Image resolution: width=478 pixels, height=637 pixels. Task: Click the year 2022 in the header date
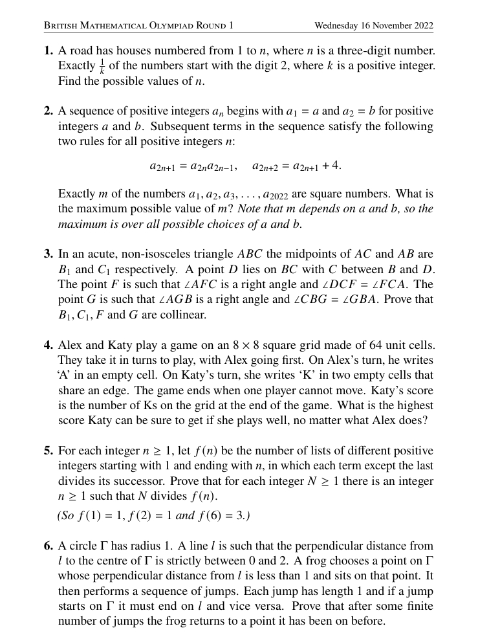click(422, 26)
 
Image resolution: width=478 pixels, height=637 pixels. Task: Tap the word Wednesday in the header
click(336, 26)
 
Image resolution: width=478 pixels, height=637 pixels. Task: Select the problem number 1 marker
click(49, 50)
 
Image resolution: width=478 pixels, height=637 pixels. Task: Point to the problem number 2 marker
click(49, 111)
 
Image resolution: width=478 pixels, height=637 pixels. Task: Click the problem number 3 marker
click(49, 254)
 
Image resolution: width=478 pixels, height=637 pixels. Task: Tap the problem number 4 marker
click(49, 344)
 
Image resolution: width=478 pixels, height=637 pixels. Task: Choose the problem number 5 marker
click(49, 451)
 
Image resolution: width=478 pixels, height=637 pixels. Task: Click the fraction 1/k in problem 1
click(102, 67)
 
